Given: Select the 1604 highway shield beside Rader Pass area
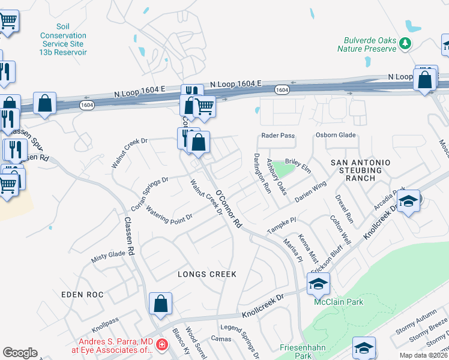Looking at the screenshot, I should (283, 89).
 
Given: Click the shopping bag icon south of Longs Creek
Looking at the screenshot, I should (161, 304).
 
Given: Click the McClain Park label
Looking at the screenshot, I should (339, 302).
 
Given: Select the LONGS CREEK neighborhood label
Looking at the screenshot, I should (207, 274).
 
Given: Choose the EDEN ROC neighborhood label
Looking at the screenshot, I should (82, 295).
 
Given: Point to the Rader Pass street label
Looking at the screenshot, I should (278, 136).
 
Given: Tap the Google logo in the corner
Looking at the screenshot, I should (20, 353).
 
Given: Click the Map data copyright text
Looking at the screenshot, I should (424, 355).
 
